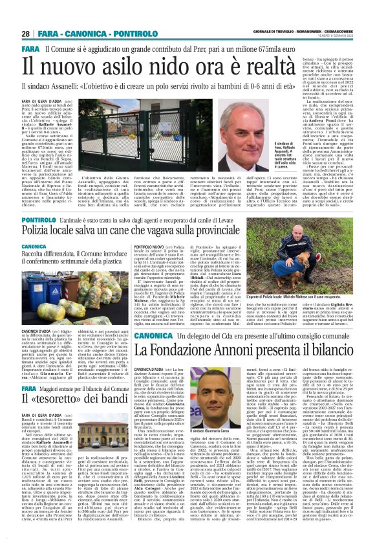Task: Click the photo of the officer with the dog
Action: click(x=299, y=270)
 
